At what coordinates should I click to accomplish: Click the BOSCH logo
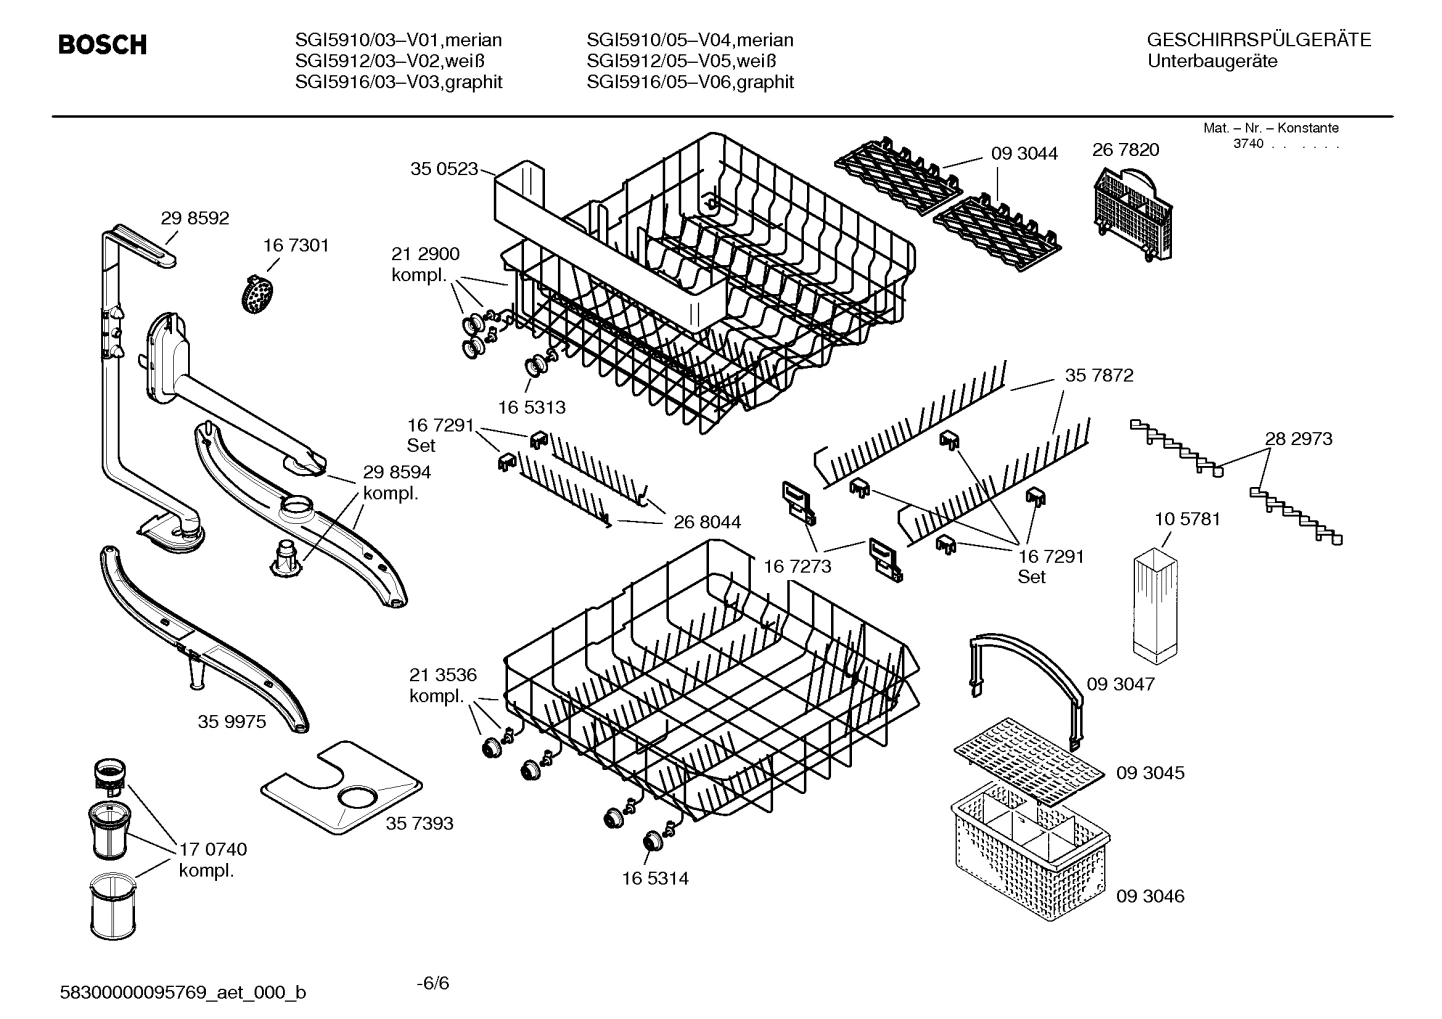102,45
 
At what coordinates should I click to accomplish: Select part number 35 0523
444,169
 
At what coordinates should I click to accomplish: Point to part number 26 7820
1125,150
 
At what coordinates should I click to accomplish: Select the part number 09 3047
1121,684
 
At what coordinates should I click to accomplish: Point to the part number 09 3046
1150,896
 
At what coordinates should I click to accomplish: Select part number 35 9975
232,721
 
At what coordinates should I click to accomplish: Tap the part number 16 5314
654,878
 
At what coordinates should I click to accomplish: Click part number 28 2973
1298,438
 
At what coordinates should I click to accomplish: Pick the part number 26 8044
707,521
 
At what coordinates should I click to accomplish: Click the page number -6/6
432,982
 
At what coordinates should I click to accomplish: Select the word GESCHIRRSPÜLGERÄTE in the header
1258,40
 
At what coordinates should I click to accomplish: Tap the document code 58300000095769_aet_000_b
184,992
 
